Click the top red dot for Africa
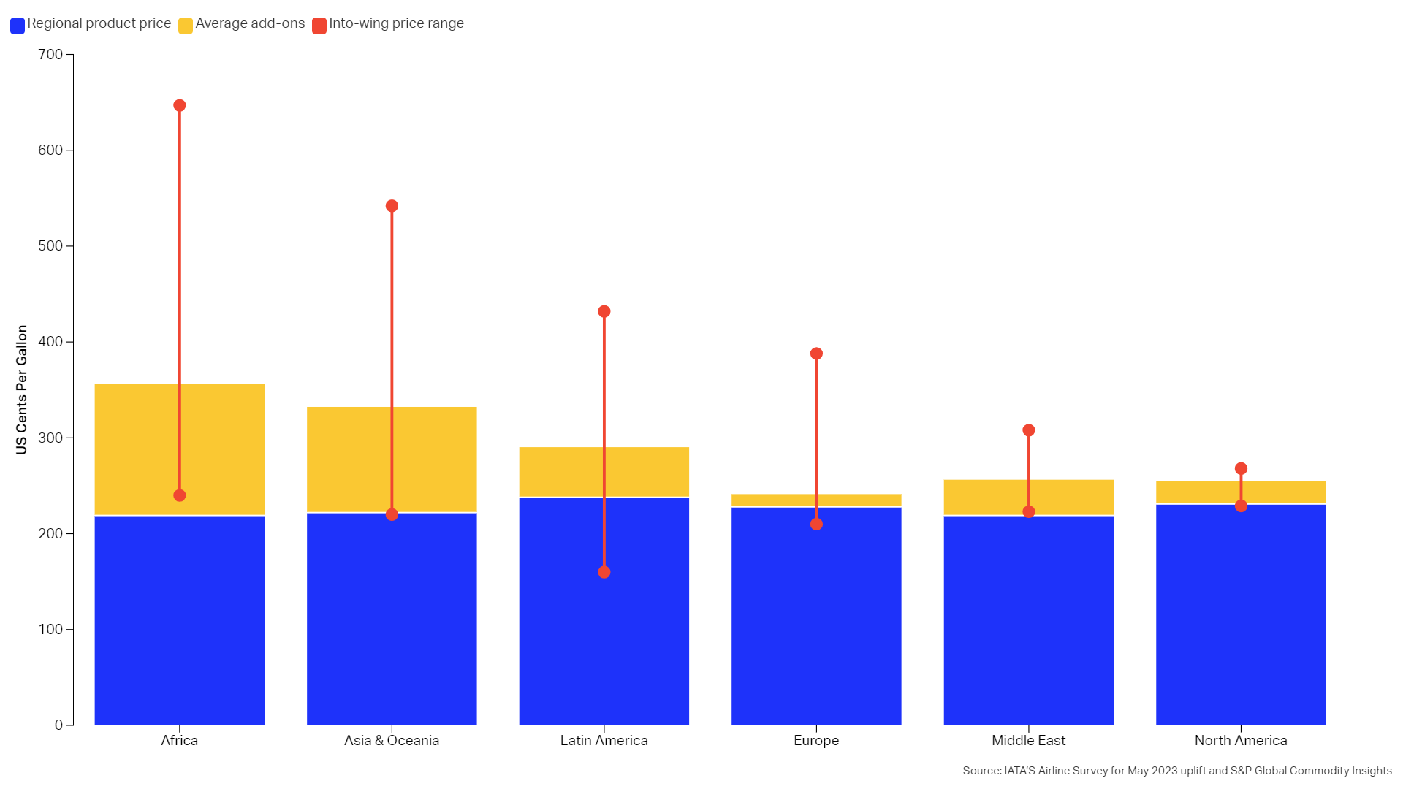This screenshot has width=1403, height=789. tap(180, 106)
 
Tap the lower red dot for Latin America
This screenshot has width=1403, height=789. tap(604, 572)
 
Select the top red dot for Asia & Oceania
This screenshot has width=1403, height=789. tap(392, 206)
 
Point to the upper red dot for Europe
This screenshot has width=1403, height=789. tap(816, 354)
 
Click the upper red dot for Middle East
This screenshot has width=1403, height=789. tap(1029, 430)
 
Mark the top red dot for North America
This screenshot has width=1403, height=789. tap(1241, 469)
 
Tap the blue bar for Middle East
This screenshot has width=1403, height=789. tap(1029, 621)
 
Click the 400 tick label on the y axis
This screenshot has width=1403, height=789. tap(50, 342)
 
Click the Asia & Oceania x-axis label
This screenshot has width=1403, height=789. tap(392, 741)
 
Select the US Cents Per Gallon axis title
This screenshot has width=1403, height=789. tap(22, 389)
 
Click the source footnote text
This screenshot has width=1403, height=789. tap(1176, 771)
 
